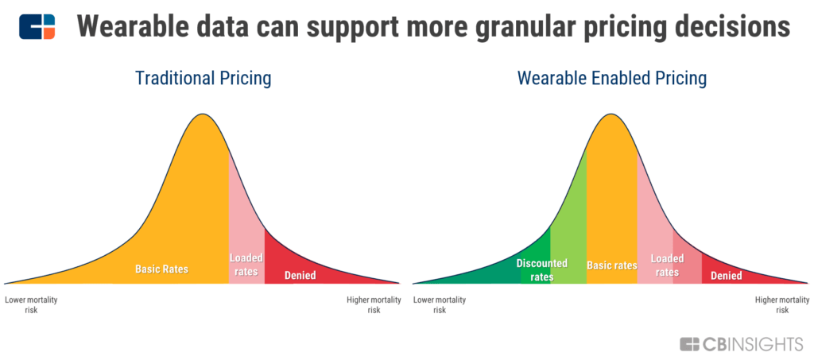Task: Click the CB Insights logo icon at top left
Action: [37, 26]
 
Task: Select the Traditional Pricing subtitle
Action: [203, 79]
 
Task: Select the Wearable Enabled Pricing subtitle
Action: [612, 79]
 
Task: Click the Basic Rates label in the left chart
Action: [161, 269]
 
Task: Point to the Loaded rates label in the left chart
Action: [246, 264]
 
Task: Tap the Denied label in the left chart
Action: [300, 275]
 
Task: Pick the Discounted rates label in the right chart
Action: [542, 269]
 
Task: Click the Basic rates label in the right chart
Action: [612, 265]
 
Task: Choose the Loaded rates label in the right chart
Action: [667, 265]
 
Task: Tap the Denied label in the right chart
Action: [727, 276]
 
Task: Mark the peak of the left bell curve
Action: [203, 114]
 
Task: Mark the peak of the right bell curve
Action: [611, 114]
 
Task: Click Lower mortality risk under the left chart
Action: [31, 305]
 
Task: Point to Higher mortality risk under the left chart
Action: [374, 305]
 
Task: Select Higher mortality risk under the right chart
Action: [782, 305]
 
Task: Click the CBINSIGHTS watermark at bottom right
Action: [741, 344]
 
